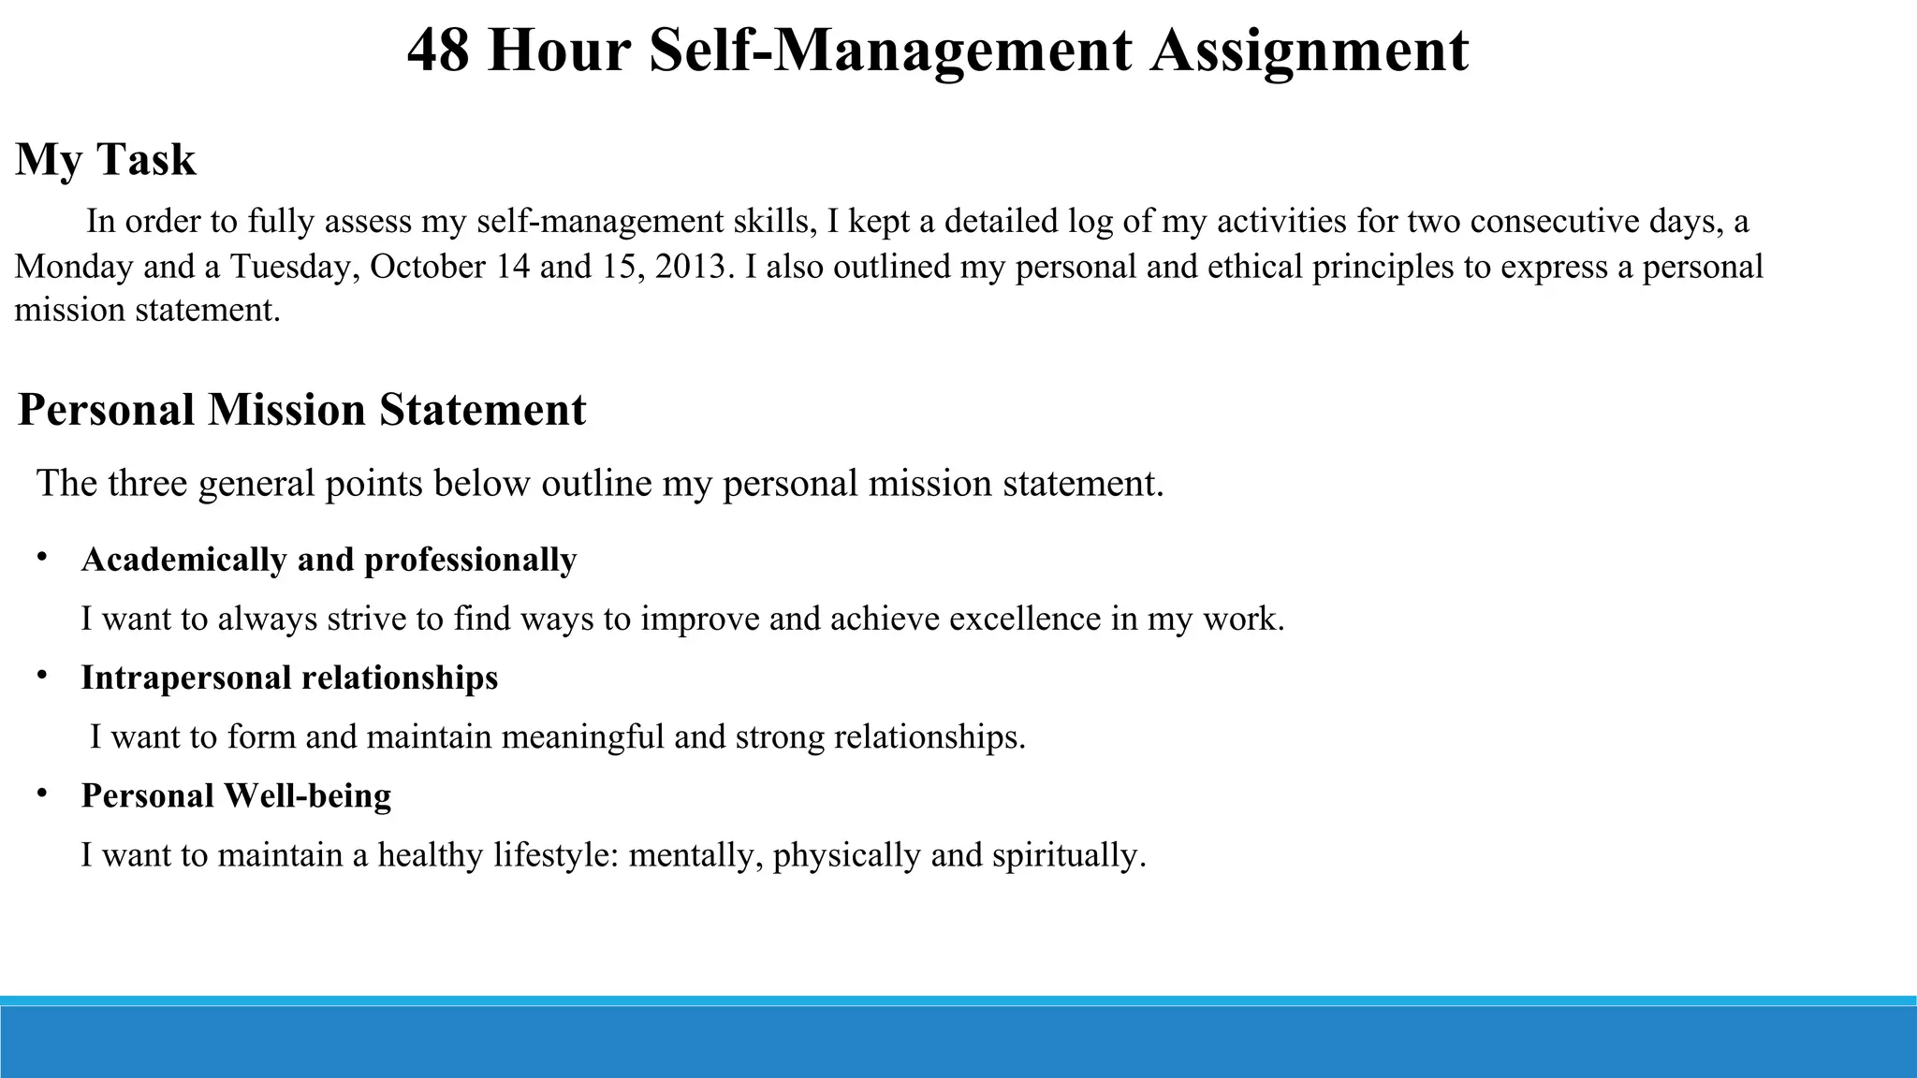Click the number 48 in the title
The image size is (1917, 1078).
(438, 51)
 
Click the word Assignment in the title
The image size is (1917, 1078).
(1310, 51)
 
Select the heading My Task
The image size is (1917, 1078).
(106, 159)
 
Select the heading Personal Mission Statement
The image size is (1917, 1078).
(301, 410)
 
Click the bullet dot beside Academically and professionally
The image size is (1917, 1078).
(42, 558)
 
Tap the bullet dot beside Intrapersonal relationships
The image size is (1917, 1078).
(42, 676)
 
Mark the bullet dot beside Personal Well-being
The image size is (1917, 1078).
(42, 794)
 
